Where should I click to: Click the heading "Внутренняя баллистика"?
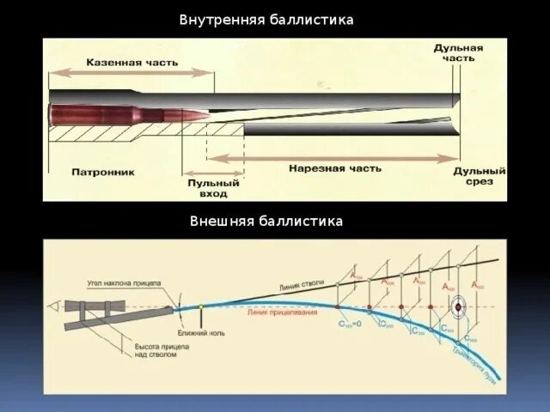point(266,19)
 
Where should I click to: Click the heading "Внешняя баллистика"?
point(266,221)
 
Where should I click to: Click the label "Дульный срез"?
point(480,176)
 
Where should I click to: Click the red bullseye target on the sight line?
point(460,305)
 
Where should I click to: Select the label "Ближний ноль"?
point(200,330)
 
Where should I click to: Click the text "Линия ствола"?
point(300,286)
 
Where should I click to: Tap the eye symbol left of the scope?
point(56,305)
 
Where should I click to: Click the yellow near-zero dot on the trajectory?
point(200,306)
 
